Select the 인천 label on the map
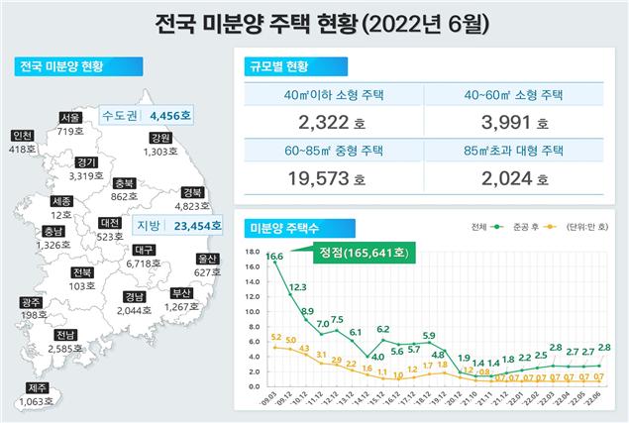20,136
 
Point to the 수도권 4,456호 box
148,116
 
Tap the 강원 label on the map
160,137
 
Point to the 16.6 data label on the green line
274,257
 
